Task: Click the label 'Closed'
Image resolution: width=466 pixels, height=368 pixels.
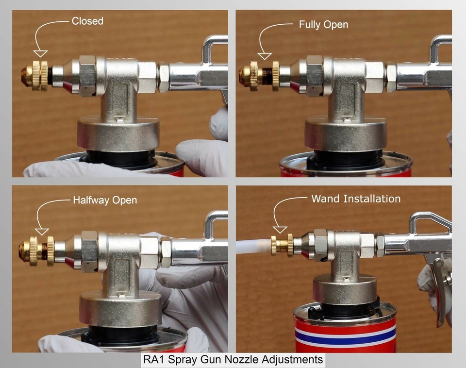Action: click(87, 21)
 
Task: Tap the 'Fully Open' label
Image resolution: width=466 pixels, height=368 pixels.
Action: click(323, 25)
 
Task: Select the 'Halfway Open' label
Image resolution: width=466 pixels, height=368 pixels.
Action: click(105, 200)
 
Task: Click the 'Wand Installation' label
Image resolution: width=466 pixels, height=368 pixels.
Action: click(356, 199)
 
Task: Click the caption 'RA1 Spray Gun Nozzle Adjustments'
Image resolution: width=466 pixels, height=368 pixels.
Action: click(233, 359)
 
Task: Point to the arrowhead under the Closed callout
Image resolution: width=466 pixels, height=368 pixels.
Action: click(40, 53)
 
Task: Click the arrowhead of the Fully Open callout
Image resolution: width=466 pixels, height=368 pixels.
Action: click(264, 56)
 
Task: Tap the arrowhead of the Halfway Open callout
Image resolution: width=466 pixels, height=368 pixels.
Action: click(42, 232)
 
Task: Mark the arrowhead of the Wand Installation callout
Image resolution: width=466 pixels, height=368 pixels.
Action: click(280, 230)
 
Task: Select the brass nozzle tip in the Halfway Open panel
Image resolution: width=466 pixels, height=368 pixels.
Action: click(24, 251)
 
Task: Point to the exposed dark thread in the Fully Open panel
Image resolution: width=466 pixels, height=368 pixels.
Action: click(267, 76)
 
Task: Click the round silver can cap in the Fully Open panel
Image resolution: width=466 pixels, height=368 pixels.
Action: click(346, 133)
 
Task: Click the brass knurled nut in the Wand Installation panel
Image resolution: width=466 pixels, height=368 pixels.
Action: click(290, 245)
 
